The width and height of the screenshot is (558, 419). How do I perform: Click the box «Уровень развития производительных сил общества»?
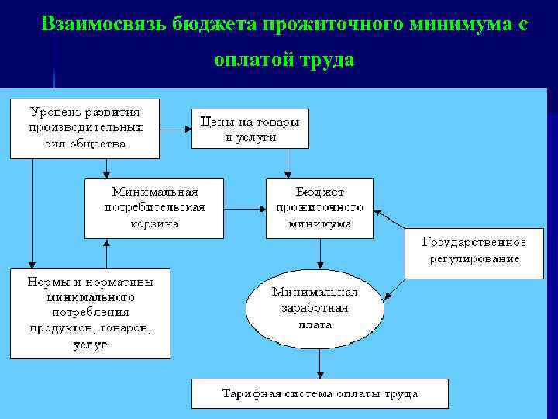[x=84, y=128]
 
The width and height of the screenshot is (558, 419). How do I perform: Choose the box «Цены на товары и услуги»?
[x=250, y=129]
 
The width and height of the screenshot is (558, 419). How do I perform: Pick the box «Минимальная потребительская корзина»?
[x=153, y=208]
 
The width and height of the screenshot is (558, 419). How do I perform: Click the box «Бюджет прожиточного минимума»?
[x=319, y=208]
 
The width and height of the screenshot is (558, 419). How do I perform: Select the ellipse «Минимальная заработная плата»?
[x=315, y=309]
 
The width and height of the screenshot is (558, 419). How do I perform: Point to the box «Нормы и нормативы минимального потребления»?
[x=90, y=313]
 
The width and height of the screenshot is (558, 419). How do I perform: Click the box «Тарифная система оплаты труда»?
[x=319, y=393]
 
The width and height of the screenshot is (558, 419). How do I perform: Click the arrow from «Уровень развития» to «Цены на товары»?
[x=176, y=129]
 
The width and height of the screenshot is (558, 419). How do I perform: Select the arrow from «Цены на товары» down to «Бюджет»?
[x=288, y=164]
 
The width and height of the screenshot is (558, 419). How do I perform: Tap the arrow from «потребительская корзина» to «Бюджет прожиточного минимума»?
[x=244, y=208]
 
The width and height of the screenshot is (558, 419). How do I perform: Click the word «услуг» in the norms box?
[x=90, y=344]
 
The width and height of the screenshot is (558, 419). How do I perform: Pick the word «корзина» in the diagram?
[x=154, y=223]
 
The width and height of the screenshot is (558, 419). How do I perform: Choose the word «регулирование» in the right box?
[x=474, y=258]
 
